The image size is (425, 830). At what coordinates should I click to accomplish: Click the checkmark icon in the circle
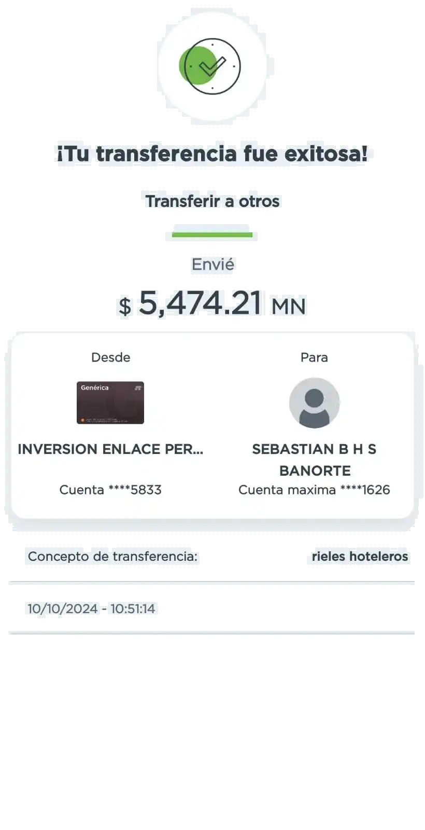(x=212, y=66)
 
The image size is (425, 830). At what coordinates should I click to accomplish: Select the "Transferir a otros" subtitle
(x=212, y=201)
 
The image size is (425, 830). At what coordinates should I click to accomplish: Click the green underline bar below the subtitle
(x=212, y=234)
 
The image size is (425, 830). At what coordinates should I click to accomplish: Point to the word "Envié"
(x=213, y=265)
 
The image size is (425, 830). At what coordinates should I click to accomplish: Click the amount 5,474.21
(x=200, y=303)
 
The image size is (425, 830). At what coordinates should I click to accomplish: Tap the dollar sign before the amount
(x=125, y=306)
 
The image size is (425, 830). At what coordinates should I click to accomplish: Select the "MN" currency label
(x=289, y=306)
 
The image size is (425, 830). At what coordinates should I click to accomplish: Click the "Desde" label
(x=110, y=357)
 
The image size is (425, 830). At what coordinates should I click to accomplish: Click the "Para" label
(x=314, y=357)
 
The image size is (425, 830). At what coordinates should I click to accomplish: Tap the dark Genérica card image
(x=110, y=403)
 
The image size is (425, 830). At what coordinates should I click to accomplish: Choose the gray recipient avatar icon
(x=314, y=403)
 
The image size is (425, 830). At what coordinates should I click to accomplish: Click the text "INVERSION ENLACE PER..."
(x=110, y=449)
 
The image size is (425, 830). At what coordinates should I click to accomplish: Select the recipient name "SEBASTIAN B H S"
(x=314, y=449)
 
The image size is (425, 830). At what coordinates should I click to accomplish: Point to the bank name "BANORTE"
(x=315, y=471)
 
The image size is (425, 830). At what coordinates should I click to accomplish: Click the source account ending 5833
(x=110, y=490)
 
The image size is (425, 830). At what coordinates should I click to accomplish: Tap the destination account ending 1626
(x=314, y=490)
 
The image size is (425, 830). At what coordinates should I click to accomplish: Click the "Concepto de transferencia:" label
(x=112, y=557)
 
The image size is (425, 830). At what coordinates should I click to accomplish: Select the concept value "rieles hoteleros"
(x=360, y=557)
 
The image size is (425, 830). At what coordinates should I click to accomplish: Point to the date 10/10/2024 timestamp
(x=91, y=608)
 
